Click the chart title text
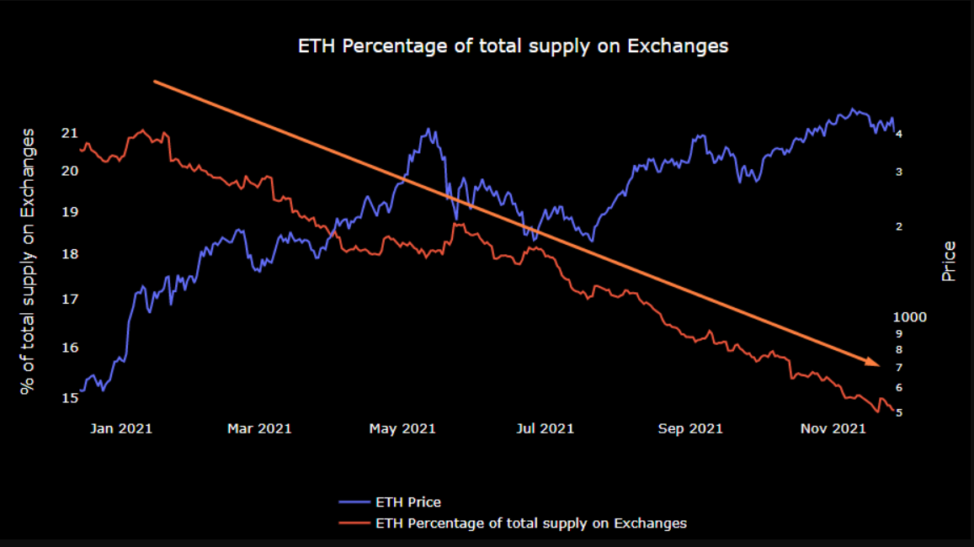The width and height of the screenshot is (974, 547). pos(513,46)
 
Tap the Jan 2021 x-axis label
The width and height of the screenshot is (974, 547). pos(121,428)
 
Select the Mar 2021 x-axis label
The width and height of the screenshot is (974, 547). pos(259,428)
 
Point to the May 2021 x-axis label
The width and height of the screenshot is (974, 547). pos(402,428)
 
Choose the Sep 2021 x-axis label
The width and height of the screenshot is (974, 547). pos(689,428)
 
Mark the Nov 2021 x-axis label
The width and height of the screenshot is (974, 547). pos(832,428)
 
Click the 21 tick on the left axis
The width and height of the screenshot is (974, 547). pos(70,133)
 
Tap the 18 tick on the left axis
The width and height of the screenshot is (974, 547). pos(70,254)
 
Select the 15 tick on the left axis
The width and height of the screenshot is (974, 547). pos(70,397)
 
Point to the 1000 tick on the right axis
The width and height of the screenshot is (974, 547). pos(910,317)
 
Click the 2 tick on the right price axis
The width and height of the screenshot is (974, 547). pos(899,226)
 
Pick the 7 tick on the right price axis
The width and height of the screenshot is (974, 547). pos(899,368)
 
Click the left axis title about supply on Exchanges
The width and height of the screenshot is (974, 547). pos(29,261)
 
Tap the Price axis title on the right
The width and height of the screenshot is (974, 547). pos(949,261)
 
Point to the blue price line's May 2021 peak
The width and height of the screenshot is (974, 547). pos(429,130)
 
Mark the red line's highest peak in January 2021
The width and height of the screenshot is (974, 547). pos(142,130)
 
